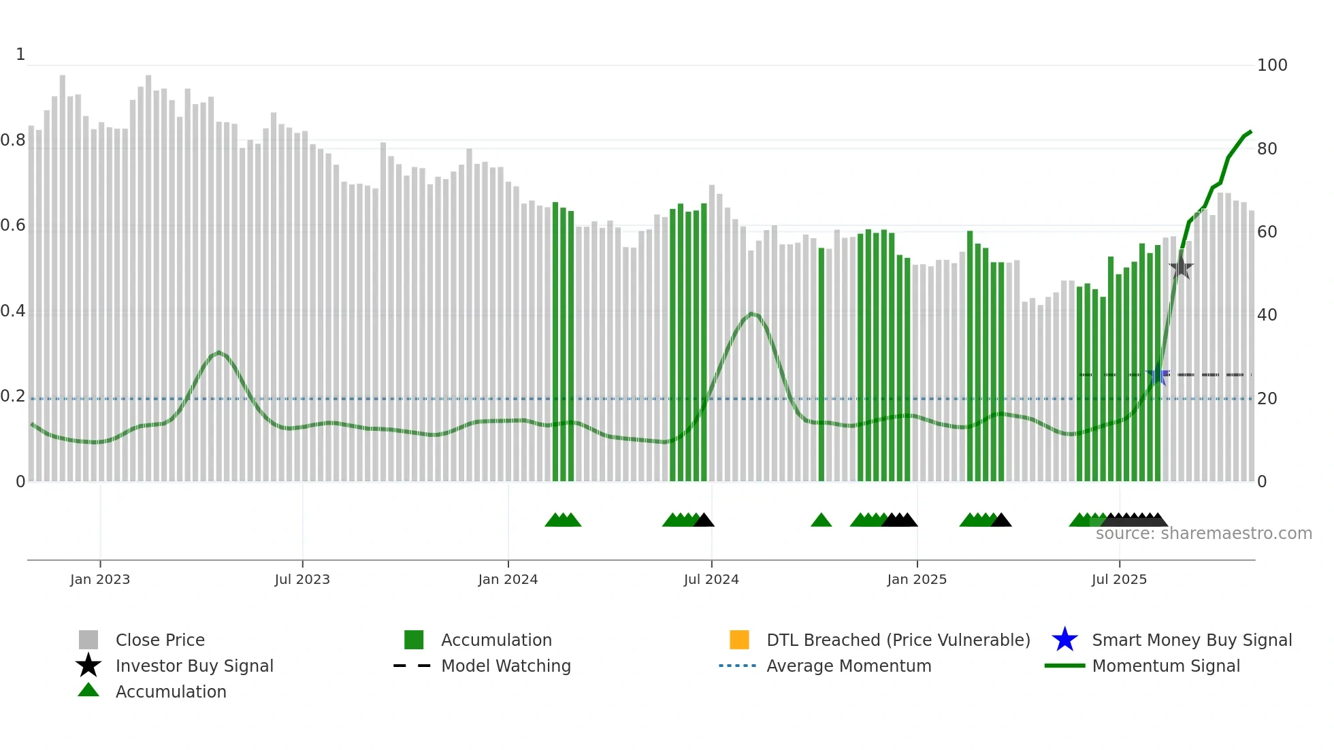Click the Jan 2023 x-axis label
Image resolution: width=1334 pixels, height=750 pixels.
(x=100, y=579)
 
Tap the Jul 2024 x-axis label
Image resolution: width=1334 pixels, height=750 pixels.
(x=711, y=579)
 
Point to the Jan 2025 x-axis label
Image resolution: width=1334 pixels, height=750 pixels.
(x=917, y=579)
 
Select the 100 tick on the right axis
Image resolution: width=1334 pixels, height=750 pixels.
(x=1272, y=65)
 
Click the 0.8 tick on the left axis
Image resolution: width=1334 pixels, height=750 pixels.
(x=13, y=140)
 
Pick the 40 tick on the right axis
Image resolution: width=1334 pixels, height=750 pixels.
(x=1267, y=315)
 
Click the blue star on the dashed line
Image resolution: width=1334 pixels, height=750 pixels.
(x=1158, y=375)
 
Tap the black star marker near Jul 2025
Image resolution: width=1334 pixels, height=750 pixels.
(x=1182, y=267)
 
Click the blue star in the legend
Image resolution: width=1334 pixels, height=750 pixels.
(x=1064, y=640)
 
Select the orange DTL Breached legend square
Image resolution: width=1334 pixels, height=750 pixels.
(x=739, y=640)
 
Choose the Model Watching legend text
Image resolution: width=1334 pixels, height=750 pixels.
(x=506, y=666)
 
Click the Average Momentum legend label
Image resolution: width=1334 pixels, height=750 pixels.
(x=849, y=666)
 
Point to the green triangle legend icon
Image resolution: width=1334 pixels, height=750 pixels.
(x=88, y=690)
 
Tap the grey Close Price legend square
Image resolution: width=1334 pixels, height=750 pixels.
(x=88, y=640)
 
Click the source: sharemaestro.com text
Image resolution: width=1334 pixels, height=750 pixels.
(x=1203, y=534)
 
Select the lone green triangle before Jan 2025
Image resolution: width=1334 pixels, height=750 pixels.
(x=821, y=521)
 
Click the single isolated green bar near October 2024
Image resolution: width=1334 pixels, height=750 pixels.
(x=821, y=364)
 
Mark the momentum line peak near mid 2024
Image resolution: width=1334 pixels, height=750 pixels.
(x=751, y=313)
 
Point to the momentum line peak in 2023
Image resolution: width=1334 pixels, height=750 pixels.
(x=218, y=352)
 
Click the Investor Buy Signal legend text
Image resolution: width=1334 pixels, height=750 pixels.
(x=195, y=666)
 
